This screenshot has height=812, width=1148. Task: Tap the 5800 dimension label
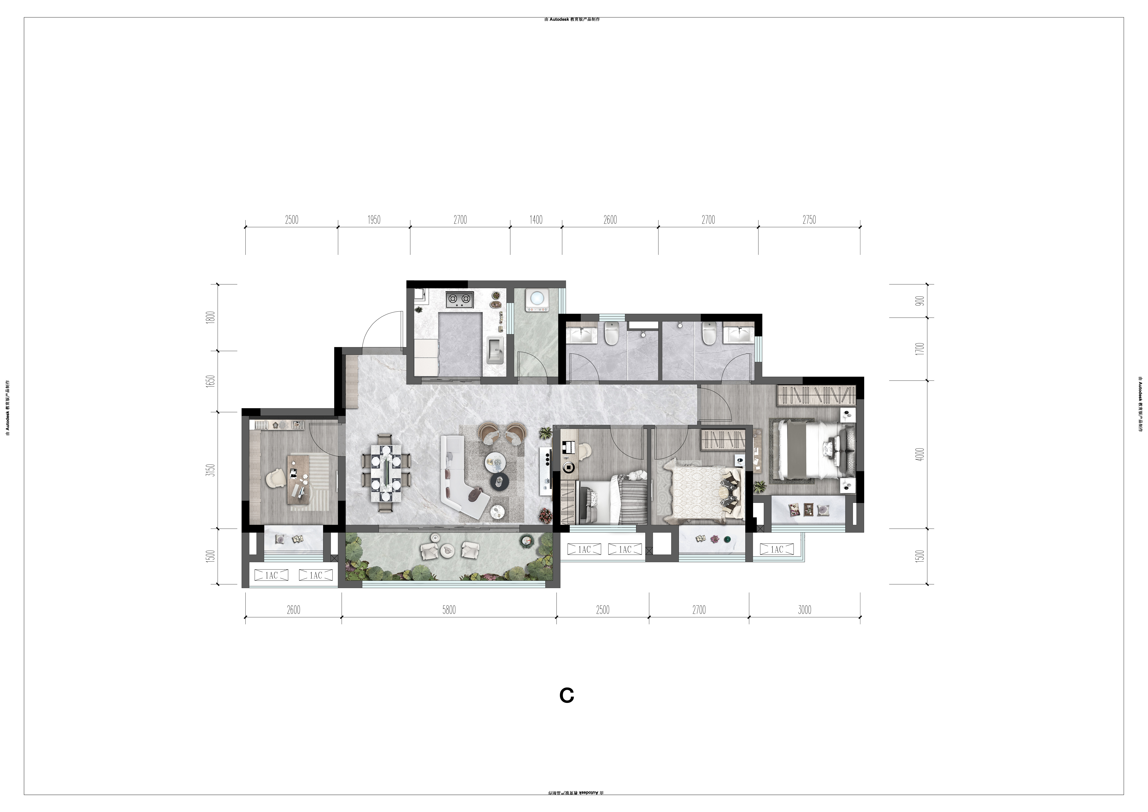(x=449, y=610)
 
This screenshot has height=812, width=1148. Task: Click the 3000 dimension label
(x=804, y=610)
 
